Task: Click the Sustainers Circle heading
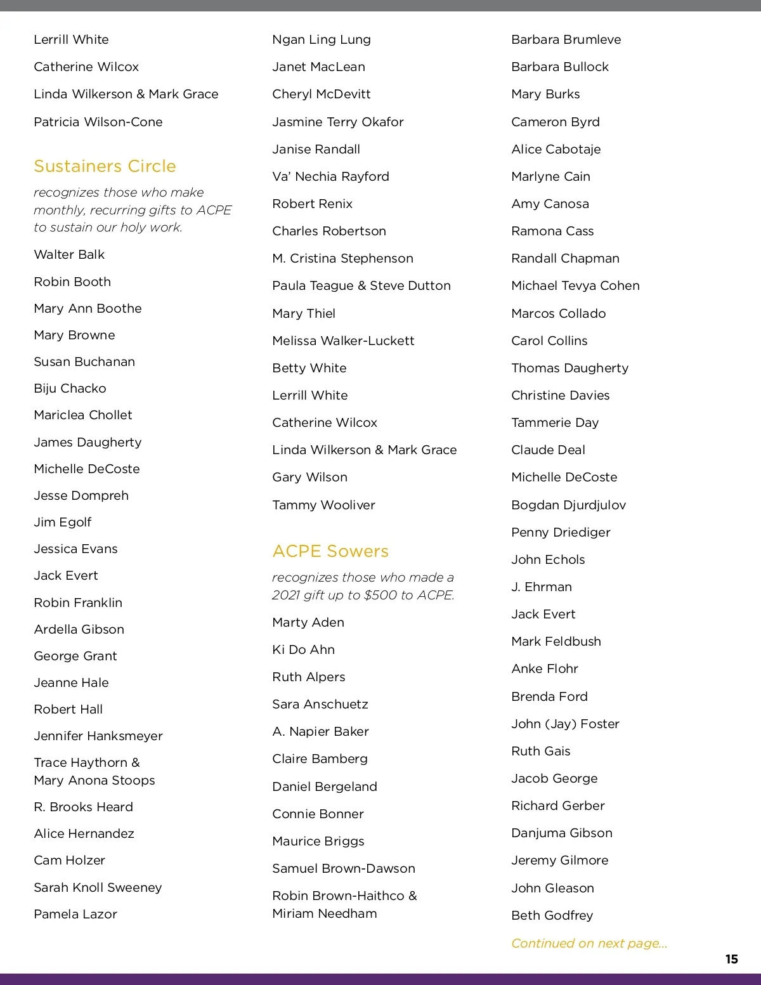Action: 105,166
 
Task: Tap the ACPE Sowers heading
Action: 330,551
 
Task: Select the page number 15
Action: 731,959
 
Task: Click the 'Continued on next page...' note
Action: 589,943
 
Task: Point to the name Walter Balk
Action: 69,254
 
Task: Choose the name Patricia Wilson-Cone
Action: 98,122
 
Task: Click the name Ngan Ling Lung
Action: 322,39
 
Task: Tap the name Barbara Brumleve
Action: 566,39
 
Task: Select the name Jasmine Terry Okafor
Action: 337,122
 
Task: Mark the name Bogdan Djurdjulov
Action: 568,505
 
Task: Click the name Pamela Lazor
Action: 75,914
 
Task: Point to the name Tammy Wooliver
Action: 323,505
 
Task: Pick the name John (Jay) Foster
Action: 565,724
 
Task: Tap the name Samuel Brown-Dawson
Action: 344,868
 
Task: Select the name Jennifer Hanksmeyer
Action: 98,736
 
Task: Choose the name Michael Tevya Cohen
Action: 575,285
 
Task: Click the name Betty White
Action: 309,368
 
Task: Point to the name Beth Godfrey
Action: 552,915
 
